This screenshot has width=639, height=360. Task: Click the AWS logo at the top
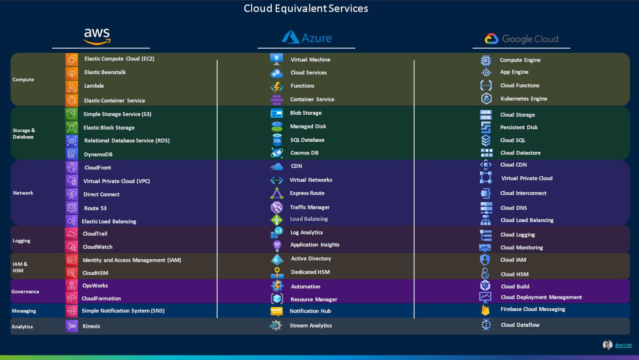(x=97, y=36)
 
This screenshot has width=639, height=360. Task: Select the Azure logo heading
(x=307, y=38)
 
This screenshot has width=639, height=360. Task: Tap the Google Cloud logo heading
(x=522, y=39)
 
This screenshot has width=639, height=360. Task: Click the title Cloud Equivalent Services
(x=306, y=8)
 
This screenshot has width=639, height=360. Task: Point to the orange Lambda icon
(x=72, y=86)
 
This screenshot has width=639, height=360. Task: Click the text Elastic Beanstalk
(x=105, y=72)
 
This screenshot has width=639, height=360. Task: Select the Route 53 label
(x=95, y=208)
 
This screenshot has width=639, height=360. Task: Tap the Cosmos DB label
(x=304, y=153)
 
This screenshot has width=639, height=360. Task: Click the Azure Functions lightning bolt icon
(x=277, y=86)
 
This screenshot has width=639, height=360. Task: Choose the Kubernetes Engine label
(x=524, y=99)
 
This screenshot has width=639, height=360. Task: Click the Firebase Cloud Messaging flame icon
(x=485, y=310)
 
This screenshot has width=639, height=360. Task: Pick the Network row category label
(x=23, y=193)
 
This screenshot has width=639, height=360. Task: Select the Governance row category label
(x=25, y=292)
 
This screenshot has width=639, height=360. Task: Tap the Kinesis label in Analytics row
(x=91, y=326)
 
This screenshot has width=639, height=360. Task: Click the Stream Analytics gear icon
(x=275, y=325)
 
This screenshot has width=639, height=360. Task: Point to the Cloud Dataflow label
(x=520, y=325)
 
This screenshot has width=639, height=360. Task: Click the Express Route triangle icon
(x=277, y=193)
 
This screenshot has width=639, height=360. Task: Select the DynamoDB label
(x=98, y=154)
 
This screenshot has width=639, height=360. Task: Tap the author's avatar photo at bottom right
(x=607, y=345)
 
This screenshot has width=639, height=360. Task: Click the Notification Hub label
(x=310, y=311)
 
